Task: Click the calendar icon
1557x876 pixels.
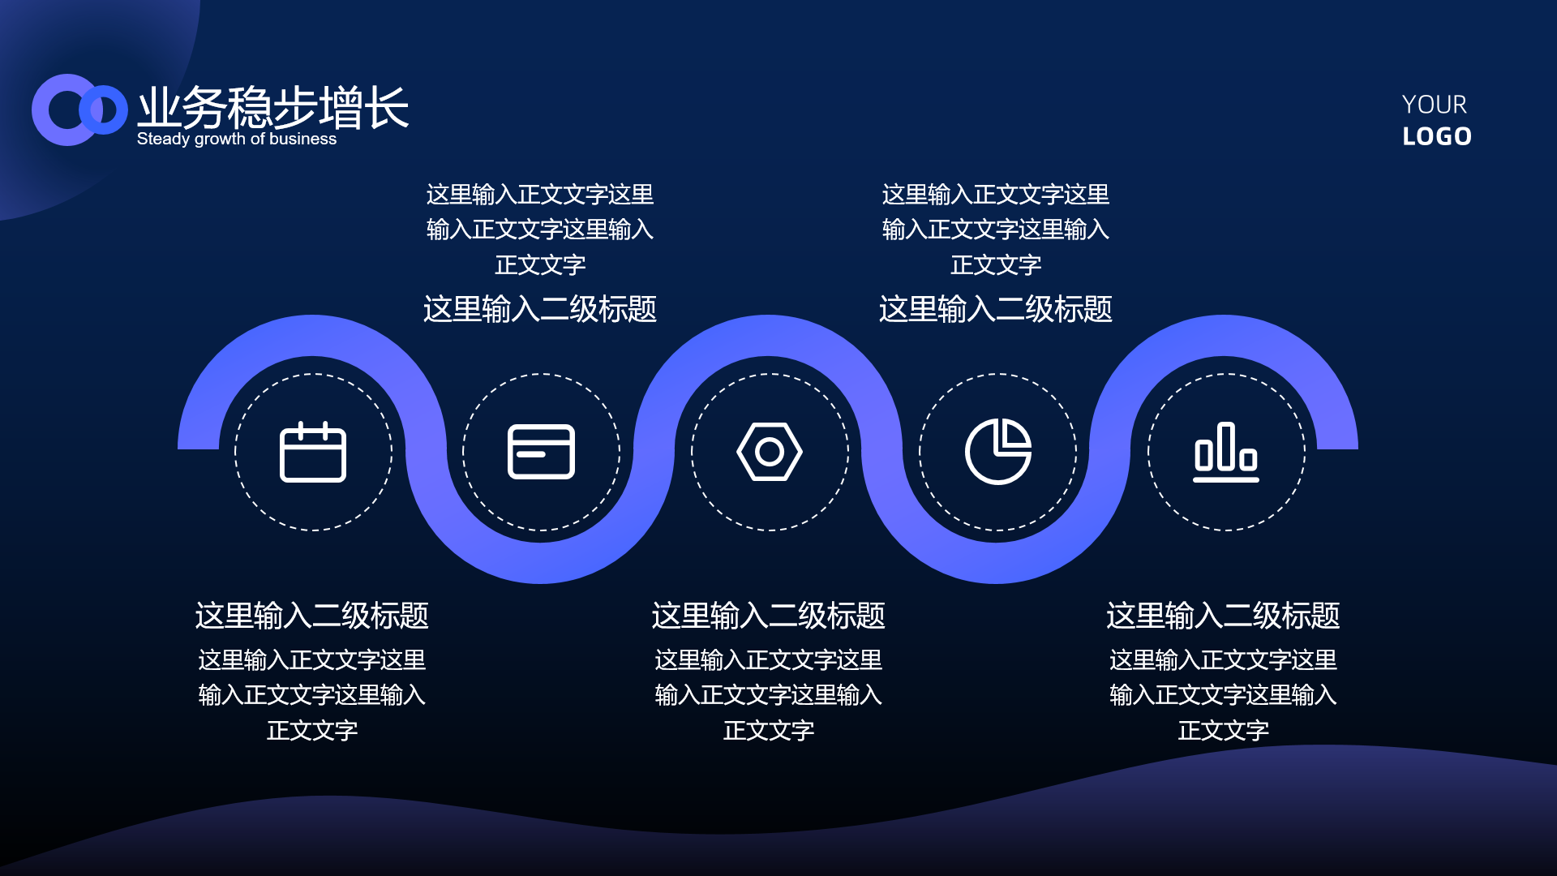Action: coord(313,452)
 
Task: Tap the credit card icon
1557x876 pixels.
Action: coord(541,452)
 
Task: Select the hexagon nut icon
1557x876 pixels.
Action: coord(770,452)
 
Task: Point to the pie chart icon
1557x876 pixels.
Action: coord(998,452)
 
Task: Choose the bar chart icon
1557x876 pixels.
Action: coord(1226,452)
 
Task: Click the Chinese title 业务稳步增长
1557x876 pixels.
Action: coord(273,107)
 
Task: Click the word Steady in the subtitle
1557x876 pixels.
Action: coord(163,139)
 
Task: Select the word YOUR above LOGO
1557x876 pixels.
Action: coord(1435,105)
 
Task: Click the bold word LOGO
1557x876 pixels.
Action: coord(1437,136)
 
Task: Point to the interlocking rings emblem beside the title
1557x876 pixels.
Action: coord(79,110)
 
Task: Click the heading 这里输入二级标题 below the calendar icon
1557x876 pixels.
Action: coord(312,616)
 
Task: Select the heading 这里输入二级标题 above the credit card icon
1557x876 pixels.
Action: coord(540,309)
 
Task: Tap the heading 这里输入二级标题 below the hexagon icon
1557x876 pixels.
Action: coord(769,616)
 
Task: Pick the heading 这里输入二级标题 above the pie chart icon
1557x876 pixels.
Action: coord(996,309)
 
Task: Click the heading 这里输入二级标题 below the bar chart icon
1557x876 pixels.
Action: coord(1224,616)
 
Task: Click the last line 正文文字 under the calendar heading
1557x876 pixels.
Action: coord(312,731)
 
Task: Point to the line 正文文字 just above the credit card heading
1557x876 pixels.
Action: coord(540,265)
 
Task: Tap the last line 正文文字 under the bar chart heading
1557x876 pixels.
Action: coord(1224,731)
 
